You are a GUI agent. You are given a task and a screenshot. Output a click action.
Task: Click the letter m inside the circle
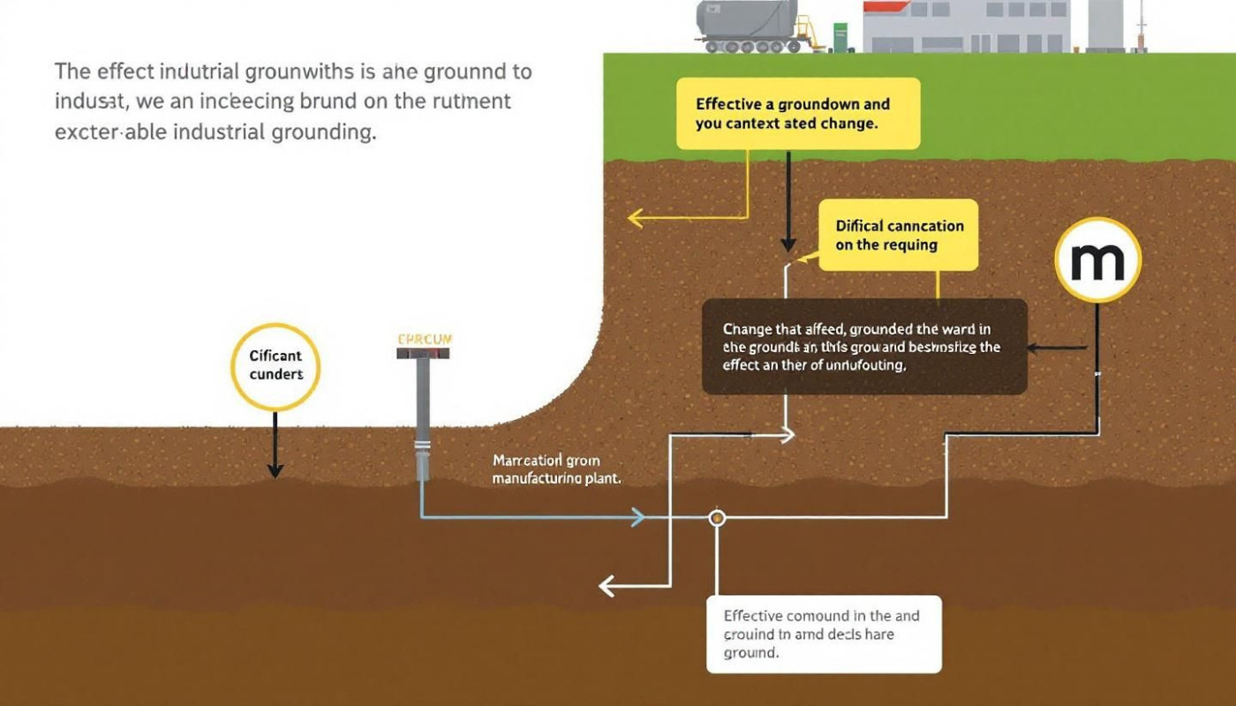click(1097, 260)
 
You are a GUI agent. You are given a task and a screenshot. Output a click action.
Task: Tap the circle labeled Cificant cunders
click(275, 366)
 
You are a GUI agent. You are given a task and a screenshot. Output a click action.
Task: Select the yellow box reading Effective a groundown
click(798, 113)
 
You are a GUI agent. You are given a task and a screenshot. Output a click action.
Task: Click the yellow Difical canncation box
click(899, 235)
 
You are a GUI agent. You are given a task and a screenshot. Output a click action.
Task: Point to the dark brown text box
click(864, 346)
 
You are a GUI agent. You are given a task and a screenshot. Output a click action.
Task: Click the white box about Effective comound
click(824, 634)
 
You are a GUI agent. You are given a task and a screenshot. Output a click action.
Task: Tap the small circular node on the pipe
click(717, 518)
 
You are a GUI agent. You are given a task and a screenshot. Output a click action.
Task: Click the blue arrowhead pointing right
click(637, 518)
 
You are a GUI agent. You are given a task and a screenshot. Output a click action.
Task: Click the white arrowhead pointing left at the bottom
click(607, 585)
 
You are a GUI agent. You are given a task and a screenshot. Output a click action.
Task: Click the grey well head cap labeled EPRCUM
click(424, 353)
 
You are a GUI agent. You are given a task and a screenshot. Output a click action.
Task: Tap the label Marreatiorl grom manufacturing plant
click(556, 469)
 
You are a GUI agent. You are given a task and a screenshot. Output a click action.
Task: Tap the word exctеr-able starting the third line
click(112, 132)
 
